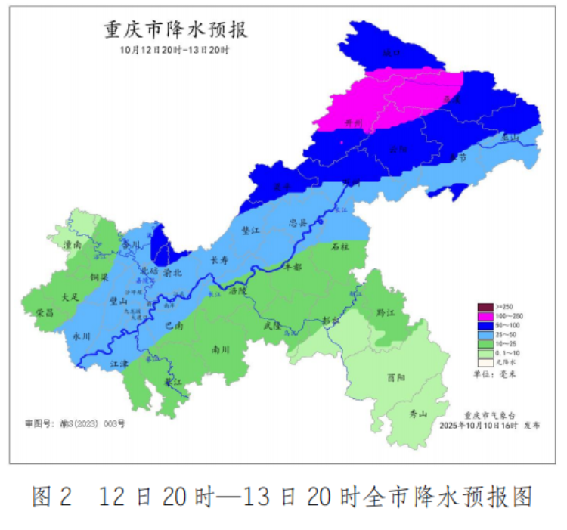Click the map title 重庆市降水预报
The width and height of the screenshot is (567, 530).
[175, 31]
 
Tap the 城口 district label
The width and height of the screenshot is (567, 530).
[391, 54]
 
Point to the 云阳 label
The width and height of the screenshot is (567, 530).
[398, 150]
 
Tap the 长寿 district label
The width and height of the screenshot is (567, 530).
[218, 260]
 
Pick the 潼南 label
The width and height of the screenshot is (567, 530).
[73, 246]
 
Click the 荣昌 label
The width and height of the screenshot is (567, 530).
[45, 312]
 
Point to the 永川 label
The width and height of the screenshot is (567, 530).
[82, 336]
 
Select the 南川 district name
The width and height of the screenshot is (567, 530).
[221, 350]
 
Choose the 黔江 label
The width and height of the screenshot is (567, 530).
[386, 312]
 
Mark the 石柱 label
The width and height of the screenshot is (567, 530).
[340, 246]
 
